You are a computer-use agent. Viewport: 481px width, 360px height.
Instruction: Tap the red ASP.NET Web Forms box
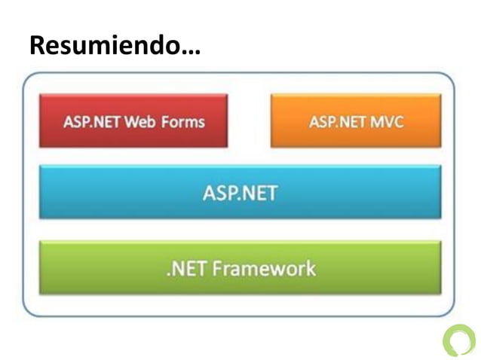pos(133,121)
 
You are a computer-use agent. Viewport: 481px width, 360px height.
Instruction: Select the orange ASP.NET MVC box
pos(356,121)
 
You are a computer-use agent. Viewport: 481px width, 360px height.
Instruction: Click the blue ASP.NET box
pos(240,193)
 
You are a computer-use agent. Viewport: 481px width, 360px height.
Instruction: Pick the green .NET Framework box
pos(240,267)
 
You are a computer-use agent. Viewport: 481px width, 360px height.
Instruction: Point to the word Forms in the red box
pos(185,121)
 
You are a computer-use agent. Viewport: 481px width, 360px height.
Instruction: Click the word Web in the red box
pos(143,121)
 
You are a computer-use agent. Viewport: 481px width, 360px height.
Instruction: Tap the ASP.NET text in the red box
pos(92,121)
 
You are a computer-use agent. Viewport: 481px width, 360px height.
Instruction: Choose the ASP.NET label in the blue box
pos(240,194)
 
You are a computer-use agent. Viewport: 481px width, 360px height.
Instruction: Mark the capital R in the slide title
pos(37,47)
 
